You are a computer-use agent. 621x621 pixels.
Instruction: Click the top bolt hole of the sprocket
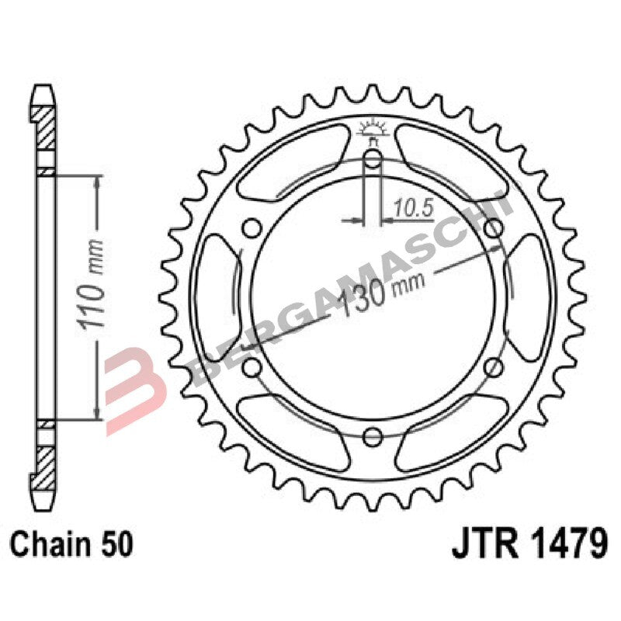(x=372, y=161)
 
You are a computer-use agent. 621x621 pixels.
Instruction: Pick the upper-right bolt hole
(x=492, y=228)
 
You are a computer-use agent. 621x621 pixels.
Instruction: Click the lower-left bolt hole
(x=252, y=366)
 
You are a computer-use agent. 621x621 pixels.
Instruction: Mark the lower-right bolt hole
(x=492, y=366)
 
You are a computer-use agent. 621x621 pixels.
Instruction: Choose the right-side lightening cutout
(x=528, y=297)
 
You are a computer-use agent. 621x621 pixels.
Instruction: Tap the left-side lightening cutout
(x=216, y=297)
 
